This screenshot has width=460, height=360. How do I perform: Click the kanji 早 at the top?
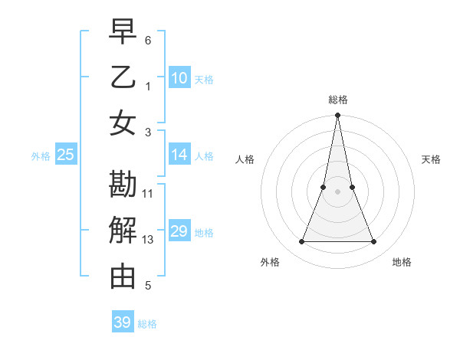[x=123, y=34]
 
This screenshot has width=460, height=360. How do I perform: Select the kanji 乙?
[x=123, y=77]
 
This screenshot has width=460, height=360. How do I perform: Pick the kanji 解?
[x=123, y=230]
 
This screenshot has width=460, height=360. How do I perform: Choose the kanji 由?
[x=123, y=274]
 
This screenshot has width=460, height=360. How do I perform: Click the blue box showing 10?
[x=179, y=77]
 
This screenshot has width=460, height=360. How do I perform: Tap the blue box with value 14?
[x=179, y=155]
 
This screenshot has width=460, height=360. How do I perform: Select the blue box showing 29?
[x=179, y=231]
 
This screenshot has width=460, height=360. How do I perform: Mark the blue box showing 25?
[x=66, y=155]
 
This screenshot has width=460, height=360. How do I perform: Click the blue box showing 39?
[x=123, y=322]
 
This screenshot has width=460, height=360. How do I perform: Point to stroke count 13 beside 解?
[x=148, y=240]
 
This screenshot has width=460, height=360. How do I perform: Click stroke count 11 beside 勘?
[x=148, y=194]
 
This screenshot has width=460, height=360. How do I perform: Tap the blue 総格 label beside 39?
[x=148, y=324]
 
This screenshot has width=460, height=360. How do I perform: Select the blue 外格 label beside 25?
[x=41, y=156]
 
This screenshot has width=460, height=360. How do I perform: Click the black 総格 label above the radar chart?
[x=337, y=100]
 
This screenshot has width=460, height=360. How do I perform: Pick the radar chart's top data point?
[x=337, y=116]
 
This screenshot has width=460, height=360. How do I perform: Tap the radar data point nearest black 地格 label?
[x=374, y=242]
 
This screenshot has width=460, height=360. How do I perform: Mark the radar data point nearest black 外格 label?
[x=301, y=242]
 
